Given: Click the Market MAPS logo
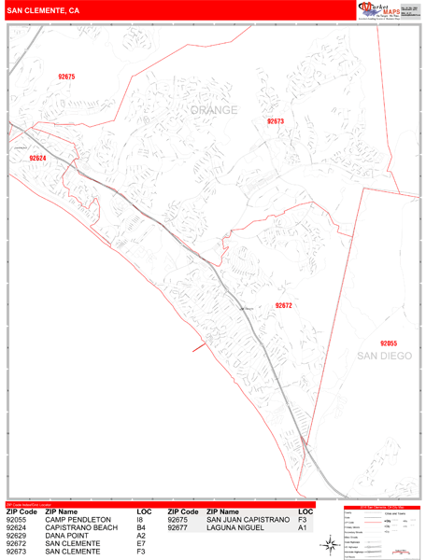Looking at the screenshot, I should tap(384, 10).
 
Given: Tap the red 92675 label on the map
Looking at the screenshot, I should tap(66, 77).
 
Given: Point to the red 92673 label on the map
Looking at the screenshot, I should tap(275, 121).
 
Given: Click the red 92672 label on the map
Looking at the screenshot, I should tap(283, 305).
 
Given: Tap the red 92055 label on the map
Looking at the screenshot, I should tap(389, 343).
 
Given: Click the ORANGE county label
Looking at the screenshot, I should tap(214, 110).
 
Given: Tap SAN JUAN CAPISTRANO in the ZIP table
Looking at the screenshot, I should tap(248, 520).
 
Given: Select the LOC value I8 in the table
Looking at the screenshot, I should tap(141, 520).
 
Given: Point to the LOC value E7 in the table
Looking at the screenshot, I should tap(141, 545).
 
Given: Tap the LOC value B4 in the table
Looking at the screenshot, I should tap(141, 528).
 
